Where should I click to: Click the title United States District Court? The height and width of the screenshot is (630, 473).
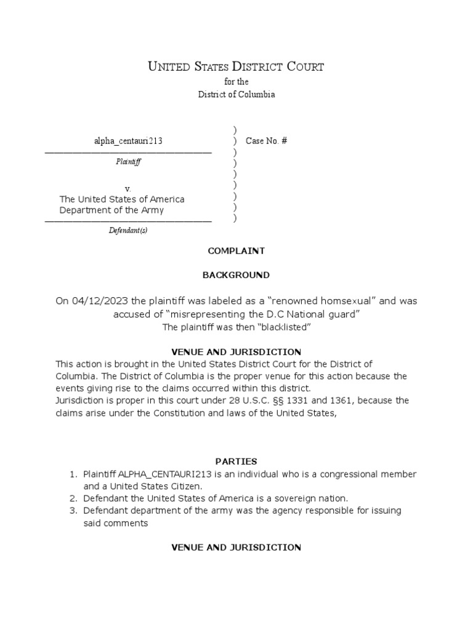pyautogui.click(x=236, y=66)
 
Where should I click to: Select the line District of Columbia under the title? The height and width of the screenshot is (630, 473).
pyautogui.click(x=236, y=94)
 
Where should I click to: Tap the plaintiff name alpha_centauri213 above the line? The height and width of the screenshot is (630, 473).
pyautogui.click(x=128, y=141)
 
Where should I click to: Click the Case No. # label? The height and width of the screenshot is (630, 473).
pyautogui.click(x=266, y=141)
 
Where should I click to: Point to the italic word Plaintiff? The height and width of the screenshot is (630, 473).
pyautogui.click(x=128, y=162)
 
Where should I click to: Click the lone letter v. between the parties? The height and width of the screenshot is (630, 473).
pyautogui.click(x=127, y=188)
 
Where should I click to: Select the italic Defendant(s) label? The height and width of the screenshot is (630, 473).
pyautogui.click(x=128, y=231)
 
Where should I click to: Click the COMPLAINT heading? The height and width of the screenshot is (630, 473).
pyautogui.click(x=236, y=251)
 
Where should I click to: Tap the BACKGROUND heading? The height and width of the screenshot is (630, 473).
pyautogui.click(x=236, y=275)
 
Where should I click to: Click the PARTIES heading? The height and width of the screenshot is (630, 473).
pyautogui.click(x=236, y=461)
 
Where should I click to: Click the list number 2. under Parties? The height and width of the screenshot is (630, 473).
pyautogui.click(x=72, y=498)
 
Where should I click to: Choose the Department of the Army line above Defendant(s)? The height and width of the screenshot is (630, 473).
pyautogui.click(x=111, y=210)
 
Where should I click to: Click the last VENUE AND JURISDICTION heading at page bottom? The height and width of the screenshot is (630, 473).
pyautogui.click(x=236, y=547)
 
